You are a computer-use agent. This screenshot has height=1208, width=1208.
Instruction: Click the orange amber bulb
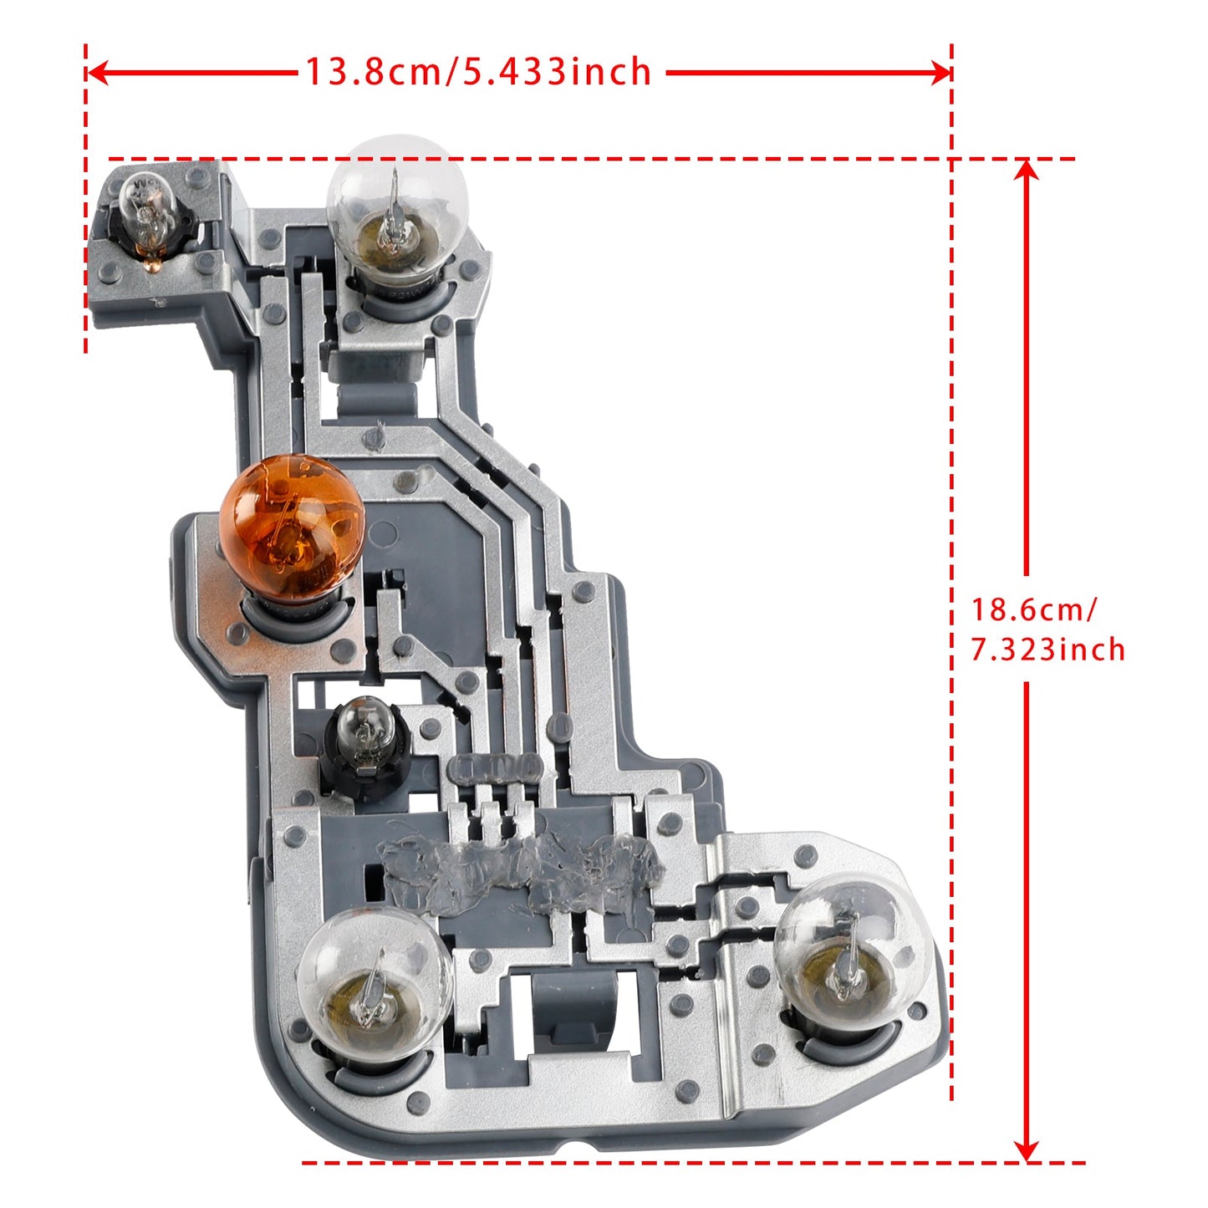tap(290, 527)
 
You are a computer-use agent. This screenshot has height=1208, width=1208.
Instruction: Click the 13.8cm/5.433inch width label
tap(477, 72)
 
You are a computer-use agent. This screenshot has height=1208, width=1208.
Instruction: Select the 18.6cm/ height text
tap(1032, 609)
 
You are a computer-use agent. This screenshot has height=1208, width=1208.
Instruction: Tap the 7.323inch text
tap(1047, 650)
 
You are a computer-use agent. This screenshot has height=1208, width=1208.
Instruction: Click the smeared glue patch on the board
tap(518, 874)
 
